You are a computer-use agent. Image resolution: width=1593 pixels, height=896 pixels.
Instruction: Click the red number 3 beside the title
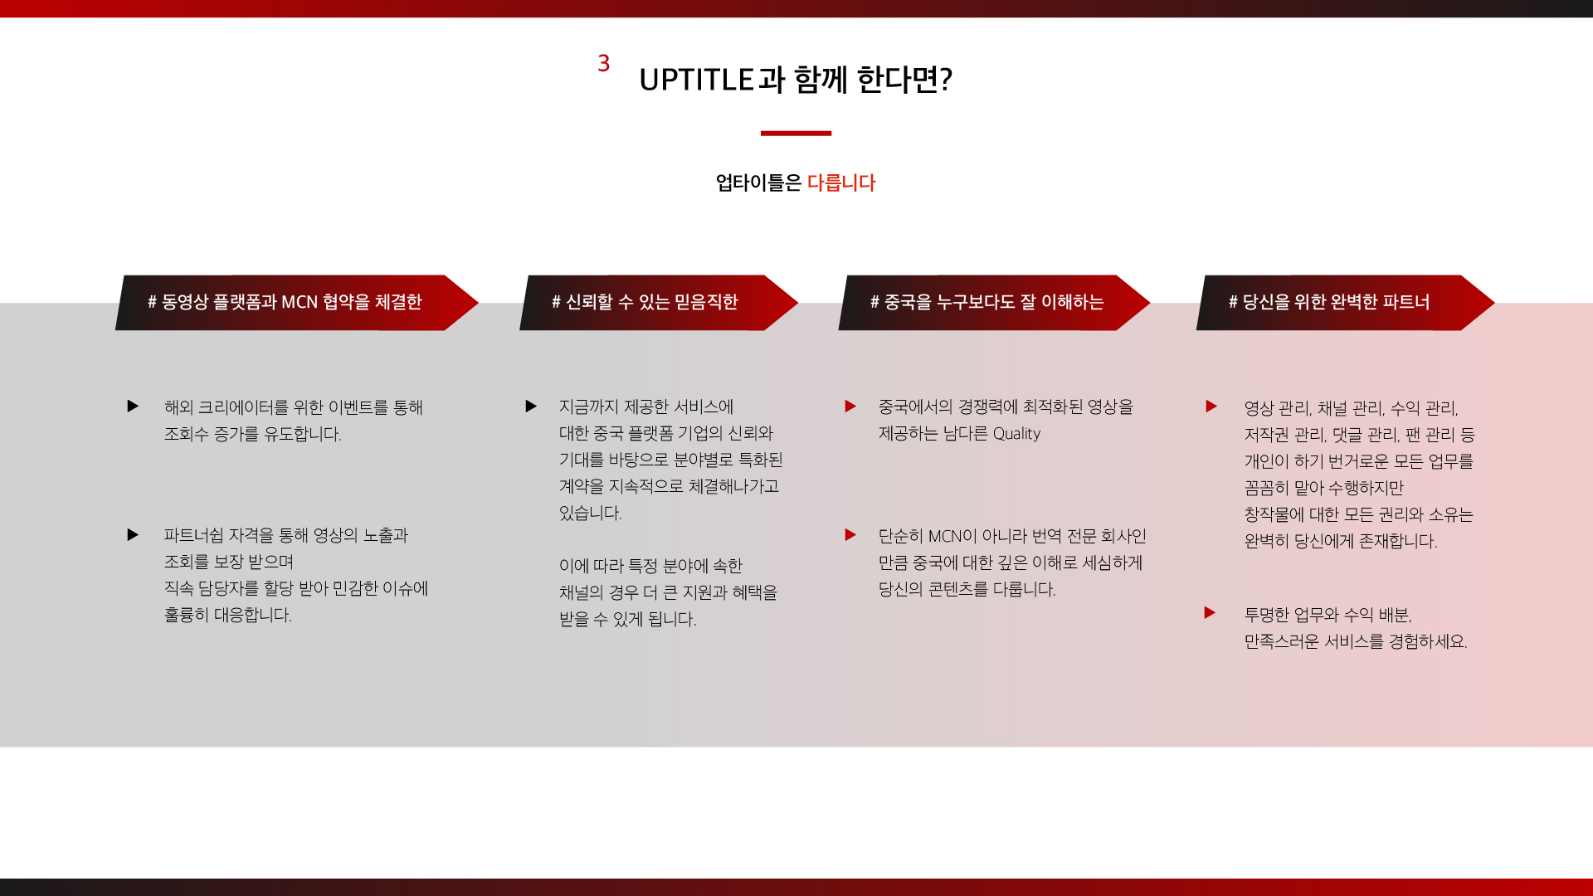tap(604, 63)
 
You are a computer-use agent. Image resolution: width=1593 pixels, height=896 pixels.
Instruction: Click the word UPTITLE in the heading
tap(696, 80)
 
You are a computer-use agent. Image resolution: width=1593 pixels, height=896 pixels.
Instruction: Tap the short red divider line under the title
tap(796, 133)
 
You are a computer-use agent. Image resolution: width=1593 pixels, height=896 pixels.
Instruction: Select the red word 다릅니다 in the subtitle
tap(841, 183)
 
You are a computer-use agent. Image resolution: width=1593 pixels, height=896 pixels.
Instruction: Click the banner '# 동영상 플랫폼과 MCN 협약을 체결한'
tap(296, 303)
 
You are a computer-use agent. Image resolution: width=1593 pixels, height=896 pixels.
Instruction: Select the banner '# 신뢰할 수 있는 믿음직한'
tap(658, 303)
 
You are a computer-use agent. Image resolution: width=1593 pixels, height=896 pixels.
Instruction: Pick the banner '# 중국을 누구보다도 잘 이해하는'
tap(994, 303)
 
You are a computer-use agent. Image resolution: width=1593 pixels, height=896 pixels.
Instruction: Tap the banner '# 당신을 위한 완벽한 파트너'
tap(1345, 303)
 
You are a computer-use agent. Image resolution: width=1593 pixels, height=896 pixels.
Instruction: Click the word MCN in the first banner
tap(300, 302)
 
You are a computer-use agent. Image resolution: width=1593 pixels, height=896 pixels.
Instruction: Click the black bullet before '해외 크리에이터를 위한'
tap(133, 407)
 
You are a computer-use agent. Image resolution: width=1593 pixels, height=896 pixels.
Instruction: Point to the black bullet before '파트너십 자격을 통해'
tap(133, 535)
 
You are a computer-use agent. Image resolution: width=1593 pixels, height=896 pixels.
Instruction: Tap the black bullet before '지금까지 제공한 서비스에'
tap(531, 407)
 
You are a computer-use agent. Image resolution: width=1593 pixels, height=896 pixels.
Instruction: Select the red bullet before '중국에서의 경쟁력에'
tap(850, 407)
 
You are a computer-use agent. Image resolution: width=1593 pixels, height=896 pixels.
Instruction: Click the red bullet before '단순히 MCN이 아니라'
tap(850, 535)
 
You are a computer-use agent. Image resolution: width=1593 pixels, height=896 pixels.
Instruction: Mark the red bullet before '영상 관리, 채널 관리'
tap(1211, 407)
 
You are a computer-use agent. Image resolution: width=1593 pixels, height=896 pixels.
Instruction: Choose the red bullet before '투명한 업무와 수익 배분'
tap(1210, 613)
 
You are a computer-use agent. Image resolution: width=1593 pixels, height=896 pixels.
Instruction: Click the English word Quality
tap(1016, 434)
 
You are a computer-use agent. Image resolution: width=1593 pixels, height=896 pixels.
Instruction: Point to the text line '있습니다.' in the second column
tap(591, 514)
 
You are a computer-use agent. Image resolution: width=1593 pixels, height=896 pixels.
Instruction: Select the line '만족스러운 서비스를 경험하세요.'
tap(1356, 642)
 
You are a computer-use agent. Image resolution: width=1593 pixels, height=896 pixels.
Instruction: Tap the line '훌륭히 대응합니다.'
tap(228, 616)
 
